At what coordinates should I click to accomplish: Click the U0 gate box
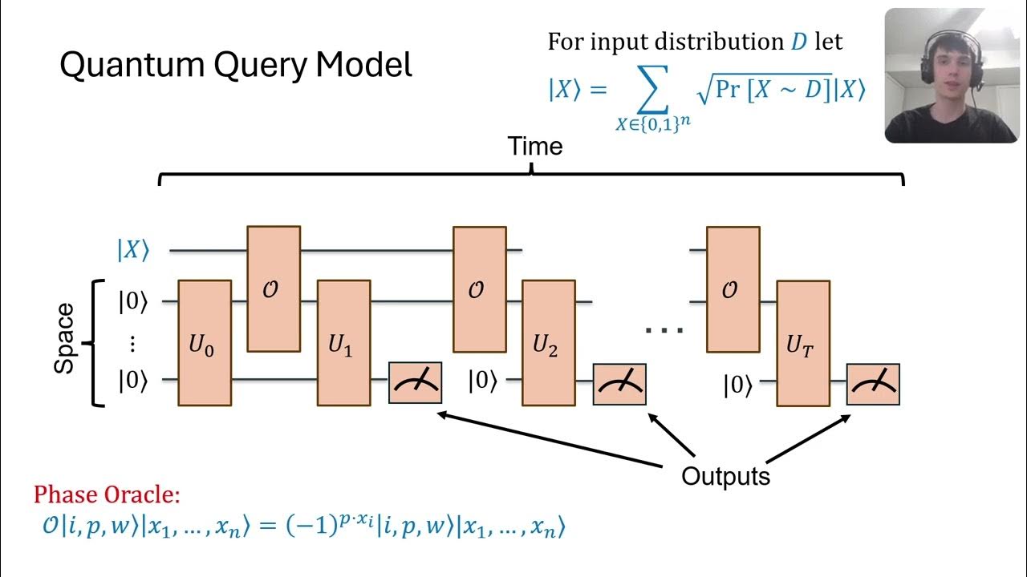tap(205, 343)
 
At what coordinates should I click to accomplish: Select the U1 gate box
tap(343, 343)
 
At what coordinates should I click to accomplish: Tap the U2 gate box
tap(548, 343)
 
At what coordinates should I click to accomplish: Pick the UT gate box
tap(803, 343)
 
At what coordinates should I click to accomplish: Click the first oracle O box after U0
tap(274, 288)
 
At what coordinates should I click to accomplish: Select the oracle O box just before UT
tap(733, 289)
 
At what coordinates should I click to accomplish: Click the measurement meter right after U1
tap(415, 384)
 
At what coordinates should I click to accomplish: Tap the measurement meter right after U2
tap(619, 385)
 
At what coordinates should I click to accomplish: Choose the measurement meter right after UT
tap(873, 385)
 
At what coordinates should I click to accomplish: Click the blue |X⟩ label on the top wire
tap(133, 250)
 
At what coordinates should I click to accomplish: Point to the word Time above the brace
tap(535, 147)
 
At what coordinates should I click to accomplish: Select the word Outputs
tap(725, 476)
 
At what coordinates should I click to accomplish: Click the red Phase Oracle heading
tap(107, 495)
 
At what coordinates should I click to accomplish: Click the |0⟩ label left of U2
tap(483, 381)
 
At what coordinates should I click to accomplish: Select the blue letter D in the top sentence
tap(798, 42)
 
